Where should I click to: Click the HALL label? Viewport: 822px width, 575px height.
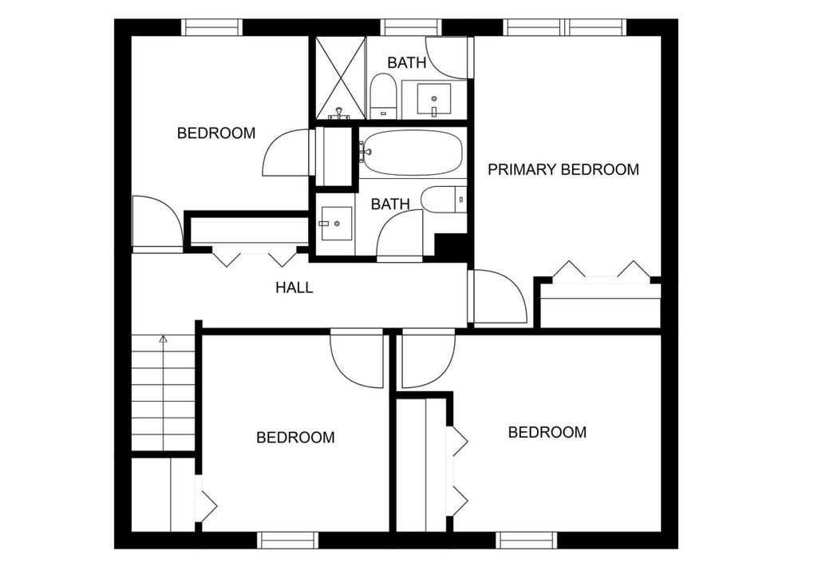click(294, 287)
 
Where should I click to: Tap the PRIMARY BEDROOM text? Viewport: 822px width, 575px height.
click(563, 169)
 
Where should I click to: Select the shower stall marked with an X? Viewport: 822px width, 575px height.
click(339, 77)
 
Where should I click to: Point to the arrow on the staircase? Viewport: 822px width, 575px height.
click(163, 339)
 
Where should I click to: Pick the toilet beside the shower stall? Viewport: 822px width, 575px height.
click(383, 95)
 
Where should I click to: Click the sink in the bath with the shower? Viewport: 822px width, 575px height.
click(434, 99)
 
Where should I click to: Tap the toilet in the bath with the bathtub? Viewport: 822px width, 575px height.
click(441, 200)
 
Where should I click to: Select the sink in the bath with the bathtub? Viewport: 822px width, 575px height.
click(335, 224)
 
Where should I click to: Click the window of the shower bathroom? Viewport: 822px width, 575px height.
click(410, 27)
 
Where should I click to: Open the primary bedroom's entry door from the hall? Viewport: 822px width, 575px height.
click(498, 296)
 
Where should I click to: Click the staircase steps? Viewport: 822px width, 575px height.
click(163, 395)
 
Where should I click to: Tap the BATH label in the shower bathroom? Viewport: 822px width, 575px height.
click(407, 62)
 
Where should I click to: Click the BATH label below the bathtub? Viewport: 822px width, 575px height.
click(390, 204)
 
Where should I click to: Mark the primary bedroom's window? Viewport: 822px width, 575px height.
click(565, 27)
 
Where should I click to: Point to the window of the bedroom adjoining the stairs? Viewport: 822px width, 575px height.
click(287, 540)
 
